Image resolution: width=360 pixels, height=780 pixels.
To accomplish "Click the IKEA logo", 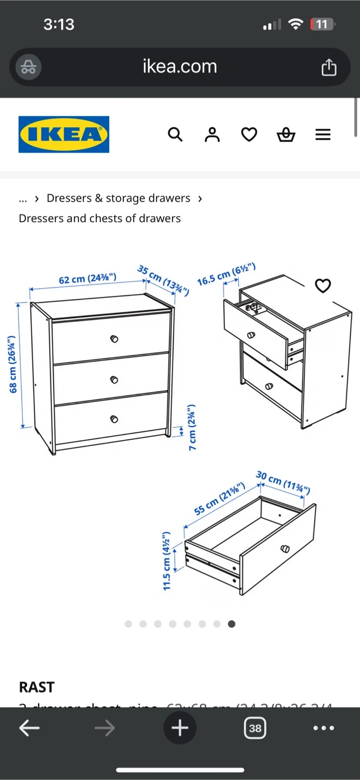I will tap(64, 134).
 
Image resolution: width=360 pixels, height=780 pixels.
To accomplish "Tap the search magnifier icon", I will tap(175, 134).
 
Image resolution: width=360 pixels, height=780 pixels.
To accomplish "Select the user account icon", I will tap(212, 134).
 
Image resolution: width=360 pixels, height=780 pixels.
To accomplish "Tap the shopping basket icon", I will tap(286, 134).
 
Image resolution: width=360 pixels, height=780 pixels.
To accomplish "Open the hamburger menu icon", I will tap(323, 134).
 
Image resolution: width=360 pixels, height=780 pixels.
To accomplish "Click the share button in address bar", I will tap(329, 67).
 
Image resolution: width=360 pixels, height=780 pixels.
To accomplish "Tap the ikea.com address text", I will tap(180, 67).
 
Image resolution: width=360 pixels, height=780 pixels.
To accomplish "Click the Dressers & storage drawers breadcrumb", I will tap(119, 198).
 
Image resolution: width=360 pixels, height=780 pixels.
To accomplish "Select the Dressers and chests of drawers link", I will tap(100, 218).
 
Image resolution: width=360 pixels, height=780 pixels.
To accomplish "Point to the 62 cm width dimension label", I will tap(88, 279).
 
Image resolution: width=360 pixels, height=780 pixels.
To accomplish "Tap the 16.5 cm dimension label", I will tap(226, 275).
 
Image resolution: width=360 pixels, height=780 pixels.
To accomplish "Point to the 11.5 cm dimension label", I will tap(167, 561).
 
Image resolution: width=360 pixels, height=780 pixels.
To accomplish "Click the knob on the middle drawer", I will tap(114, 379).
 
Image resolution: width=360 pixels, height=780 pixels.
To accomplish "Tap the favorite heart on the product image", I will tap(323, 285).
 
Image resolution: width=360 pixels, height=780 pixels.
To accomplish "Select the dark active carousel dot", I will tap(232, 624).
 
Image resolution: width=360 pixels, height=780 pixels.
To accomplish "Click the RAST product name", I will tap(37, 687).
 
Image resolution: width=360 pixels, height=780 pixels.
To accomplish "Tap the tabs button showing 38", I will tap(255, 728).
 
